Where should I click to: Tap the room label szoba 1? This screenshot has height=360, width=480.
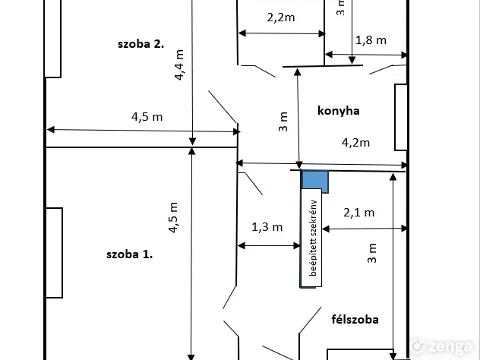[x=129, y=254]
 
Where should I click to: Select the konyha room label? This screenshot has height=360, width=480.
[x=338, y=111]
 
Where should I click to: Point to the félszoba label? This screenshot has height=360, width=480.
[x=355, y=320]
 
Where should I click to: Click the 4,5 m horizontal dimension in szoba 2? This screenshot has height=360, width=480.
[x=147, y=117]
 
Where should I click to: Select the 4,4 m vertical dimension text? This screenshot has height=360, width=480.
[x=180, y=65]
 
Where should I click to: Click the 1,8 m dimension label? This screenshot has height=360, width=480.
[x=371, y=39]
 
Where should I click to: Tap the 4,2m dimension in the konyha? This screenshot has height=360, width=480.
[x=355, y=142]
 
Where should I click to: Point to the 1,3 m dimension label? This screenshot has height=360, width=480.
[x=267, y=226]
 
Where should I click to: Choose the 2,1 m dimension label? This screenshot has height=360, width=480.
[x=358, y=213]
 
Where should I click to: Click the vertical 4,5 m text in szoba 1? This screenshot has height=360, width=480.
[x=174, y=216]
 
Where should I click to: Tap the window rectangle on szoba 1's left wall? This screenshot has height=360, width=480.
[x=53, y=252]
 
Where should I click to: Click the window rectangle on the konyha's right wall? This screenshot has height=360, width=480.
[x=401, y=117]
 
